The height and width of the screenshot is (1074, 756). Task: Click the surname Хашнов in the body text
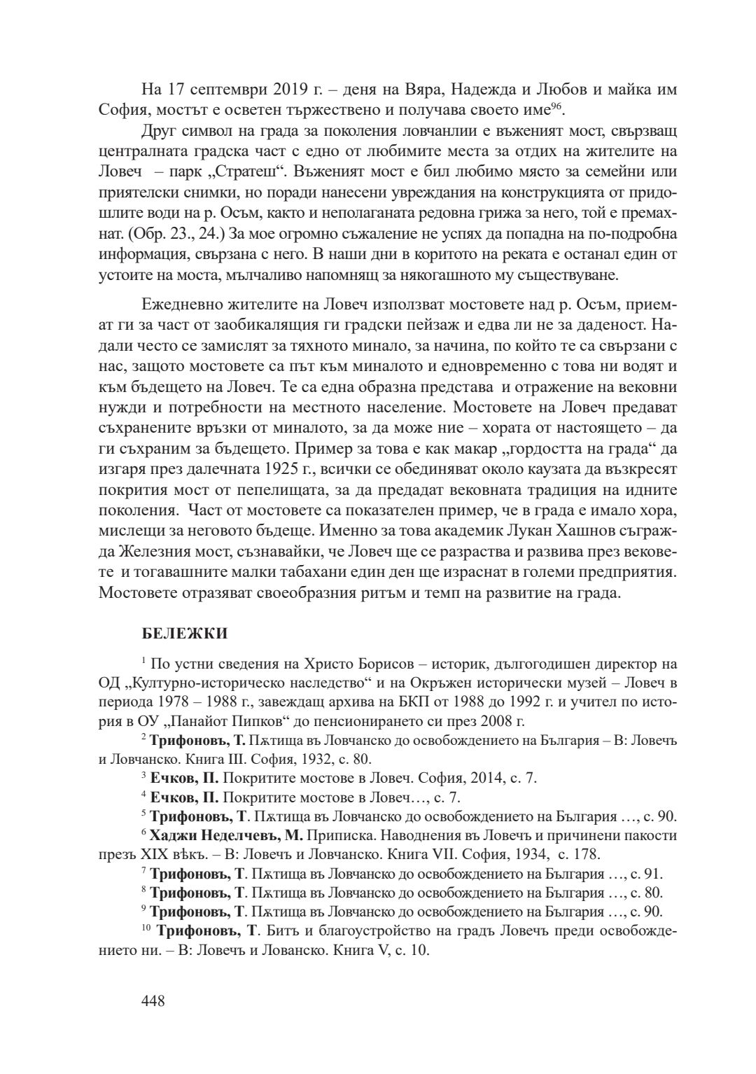[x=571, y=529]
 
